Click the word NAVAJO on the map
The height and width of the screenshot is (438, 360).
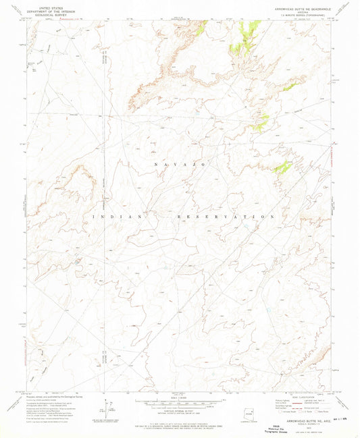pos(174,165)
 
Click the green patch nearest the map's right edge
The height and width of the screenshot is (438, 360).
pos(282,167)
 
